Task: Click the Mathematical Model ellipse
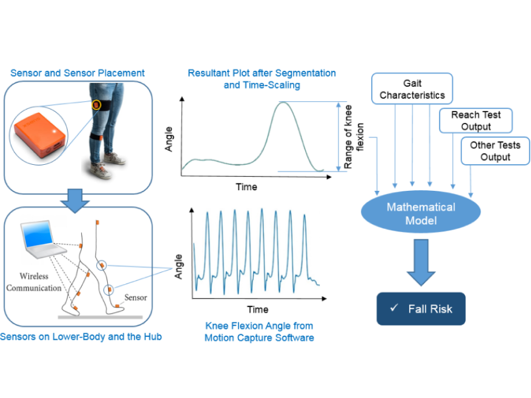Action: tap(420, 213)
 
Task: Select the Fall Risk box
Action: tap(421, 309)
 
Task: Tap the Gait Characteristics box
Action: tap(412, 88)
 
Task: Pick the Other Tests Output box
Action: tap(495, 151)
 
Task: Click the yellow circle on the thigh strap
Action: tap(97, 105)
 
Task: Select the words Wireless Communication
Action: tap(35, 282)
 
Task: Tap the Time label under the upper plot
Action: tap(246, 187)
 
